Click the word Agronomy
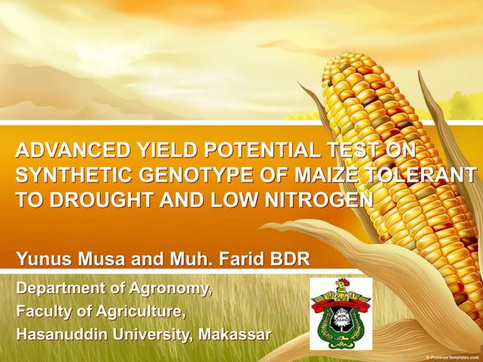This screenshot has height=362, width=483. click(x=173, y=289)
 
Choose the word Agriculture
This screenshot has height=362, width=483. click(x=141, y=311)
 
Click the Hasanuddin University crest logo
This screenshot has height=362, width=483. click(x=341, y=314)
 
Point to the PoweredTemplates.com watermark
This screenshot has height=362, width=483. click(x=452, y=356)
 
